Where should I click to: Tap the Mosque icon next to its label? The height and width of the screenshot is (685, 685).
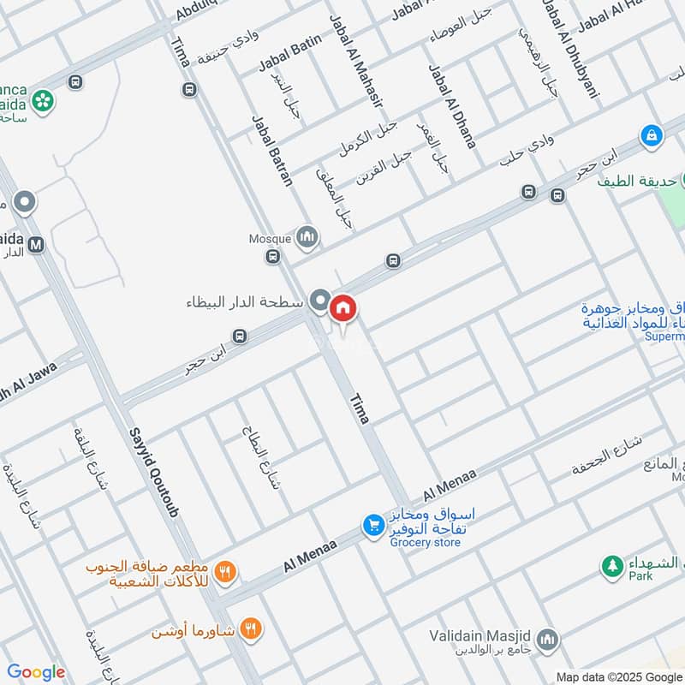point(307,237)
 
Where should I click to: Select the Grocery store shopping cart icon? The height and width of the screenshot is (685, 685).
point(372,524)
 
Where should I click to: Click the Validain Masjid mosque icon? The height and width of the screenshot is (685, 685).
point(548,639)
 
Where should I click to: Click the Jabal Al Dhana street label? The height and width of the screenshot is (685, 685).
point(451,106)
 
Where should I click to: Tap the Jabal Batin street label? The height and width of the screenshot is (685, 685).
point(289,52)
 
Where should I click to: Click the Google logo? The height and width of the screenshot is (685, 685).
point(36,672)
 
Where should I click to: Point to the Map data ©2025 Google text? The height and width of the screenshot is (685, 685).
point(618,676)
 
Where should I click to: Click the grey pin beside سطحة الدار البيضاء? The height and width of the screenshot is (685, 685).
point(320,300)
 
